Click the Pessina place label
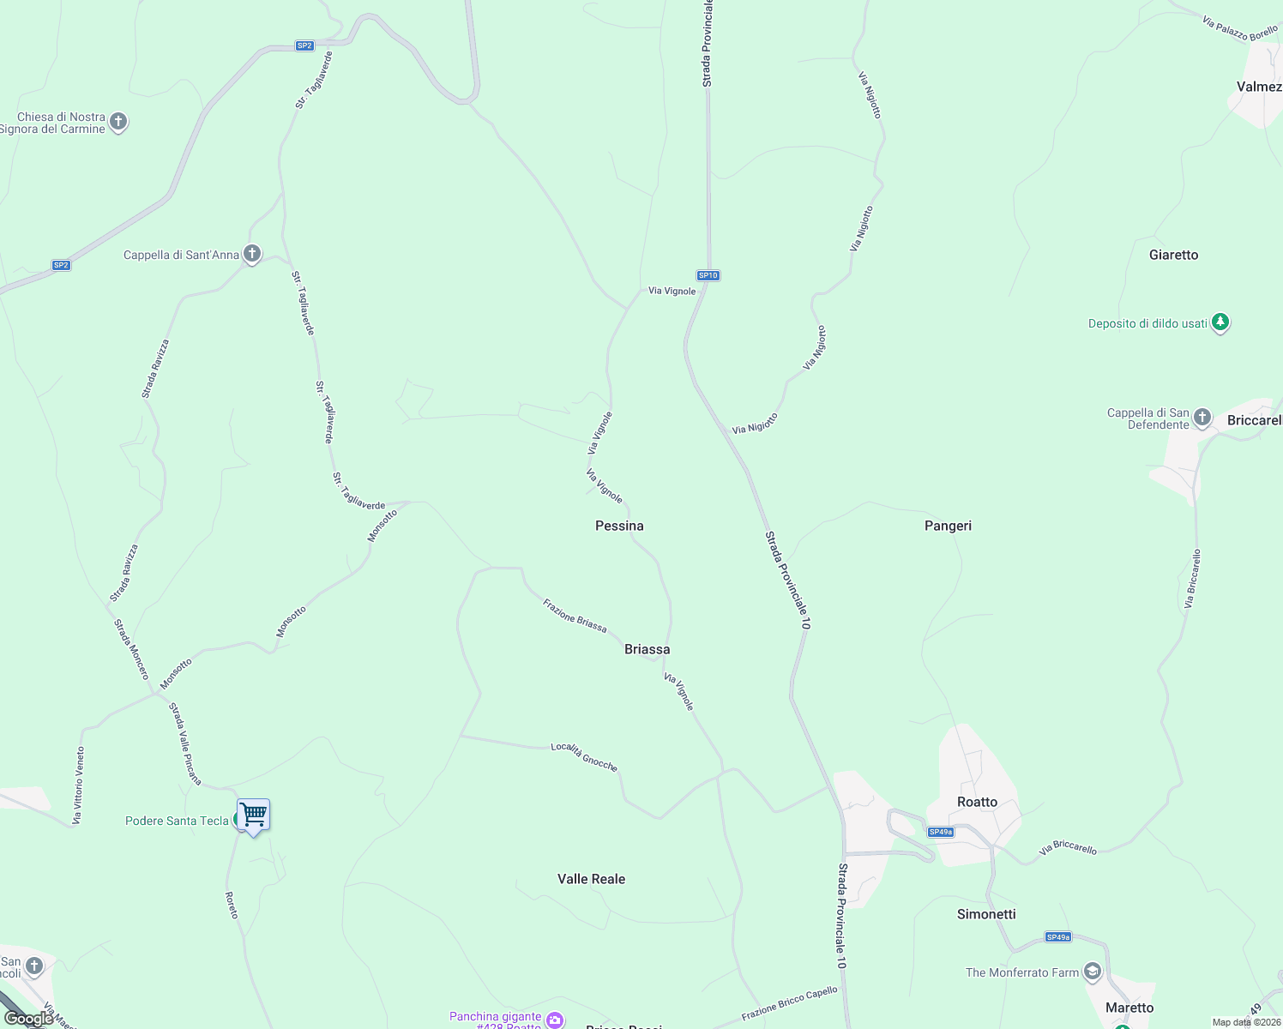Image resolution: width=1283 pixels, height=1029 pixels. [619, 526]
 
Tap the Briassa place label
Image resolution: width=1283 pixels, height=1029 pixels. [647, 649]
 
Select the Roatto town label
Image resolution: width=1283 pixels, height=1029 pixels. [977, 802]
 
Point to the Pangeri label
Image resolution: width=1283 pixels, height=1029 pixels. [948, 526]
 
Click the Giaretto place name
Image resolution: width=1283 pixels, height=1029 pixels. [1173, 255]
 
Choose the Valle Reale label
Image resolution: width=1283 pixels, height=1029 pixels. [591, 879]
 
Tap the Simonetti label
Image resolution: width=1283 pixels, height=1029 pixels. [986, 914]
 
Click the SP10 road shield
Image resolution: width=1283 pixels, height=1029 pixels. [708, 275]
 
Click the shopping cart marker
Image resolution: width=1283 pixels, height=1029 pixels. [254, 815]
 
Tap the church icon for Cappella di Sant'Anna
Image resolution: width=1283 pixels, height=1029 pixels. [251, 254]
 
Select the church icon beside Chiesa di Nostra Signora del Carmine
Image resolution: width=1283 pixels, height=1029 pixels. [118, 122]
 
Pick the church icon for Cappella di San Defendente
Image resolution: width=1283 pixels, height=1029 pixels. [1202, 418]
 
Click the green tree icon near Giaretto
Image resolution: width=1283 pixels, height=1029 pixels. [1220, 323]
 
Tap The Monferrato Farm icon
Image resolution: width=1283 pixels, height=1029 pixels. [1092, 972]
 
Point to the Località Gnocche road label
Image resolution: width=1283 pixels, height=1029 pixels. [584, 757]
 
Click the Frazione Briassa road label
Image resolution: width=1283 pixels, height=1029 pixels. [575, 617]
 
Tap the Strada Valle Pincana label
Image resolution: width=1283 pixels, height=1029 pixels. [184, 743]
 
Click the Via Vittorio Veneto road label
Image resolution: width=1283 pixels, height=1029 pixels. [79, 785]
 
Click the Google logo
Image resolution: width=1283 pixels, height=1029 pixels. [28, 1019]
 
